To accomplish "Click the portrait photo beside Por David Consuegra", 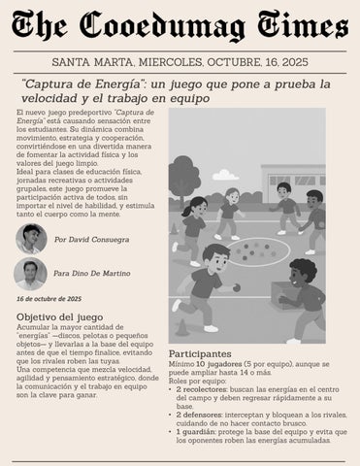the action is (x=30, y=239).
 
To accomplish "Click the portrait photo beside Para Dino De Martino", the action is (x=30, y=273).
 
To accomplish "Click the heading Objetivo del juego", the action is (x=61, y=317).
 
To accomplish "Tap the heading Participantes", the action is (x=200, y=353).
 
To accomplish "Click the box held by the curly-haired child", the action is (x=281, y=289).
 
